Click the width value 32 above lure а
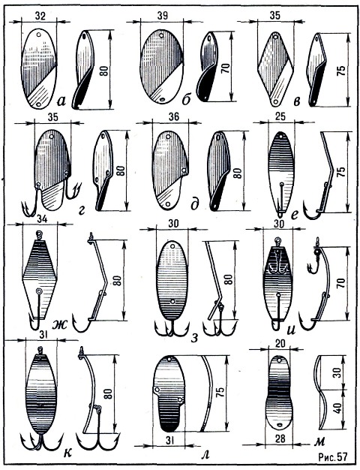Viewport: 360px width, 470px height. [x=40, y=16]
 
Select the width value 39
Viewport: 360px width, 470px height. [x=162, y=16]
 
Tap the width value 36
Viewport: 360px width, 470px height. [x=174, y=116]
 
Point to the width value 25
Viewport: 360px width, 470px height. [x=280, y=116]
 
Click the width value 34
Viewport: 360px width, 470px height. [x=42, y=219]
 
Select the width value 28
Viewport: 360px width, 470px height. [x=279, y=438]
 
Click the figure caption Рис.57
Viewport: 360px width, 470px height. [x=333, y=456]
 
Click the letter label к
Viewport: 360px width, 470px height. [x=68, y=453]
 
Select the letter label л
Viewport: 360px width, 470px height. [x=205, y=454]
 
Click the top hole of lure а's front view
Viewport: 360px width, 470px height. [x=38, y=35]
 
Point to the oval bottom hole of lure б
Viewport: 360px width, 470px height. [x=162, y=99]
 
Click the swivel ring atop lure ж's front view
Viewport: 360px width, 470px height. [x=39, y=233]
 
